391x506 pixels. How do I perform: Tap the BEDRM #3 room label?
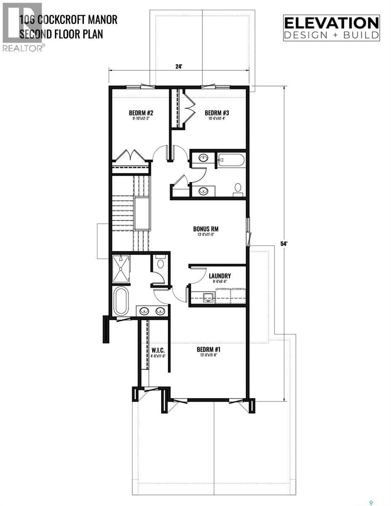[217, 113]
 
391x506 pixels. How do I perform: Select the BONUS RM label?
[206, 229]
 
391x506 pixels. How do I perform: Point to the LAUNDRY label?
[220, 277]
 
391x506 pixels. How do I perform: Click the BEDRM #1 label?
[209, 350]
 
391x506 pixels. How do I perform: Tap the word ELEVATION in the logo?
[331, 22]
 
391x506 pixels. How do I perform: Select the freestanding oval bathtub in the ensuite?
[121, 301]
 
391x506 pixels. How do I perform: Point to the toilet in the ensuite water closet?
[160, 264]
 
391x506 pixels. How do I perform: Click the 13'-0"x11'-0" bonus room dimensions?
[206, 235]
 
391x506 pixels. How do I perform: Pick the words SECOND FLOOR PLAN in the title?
[61, 34]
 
